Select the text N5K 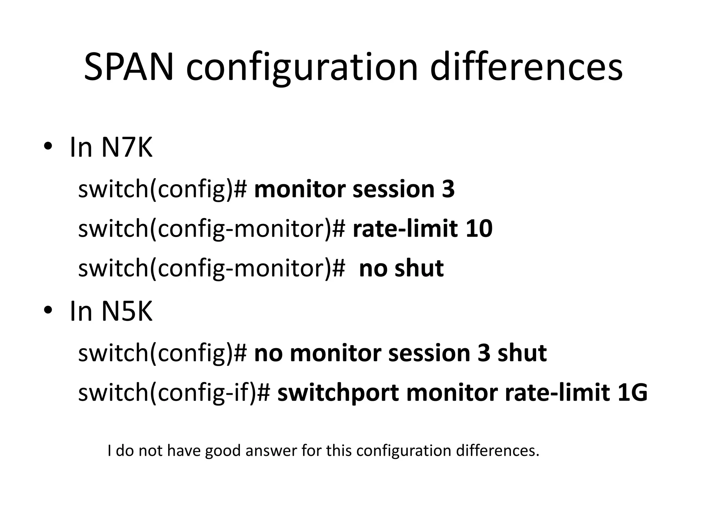126,311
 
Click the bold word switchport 338,393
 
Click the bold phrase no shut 401,268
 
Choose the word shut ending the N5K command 522,353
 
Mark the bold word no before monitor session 268,353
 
